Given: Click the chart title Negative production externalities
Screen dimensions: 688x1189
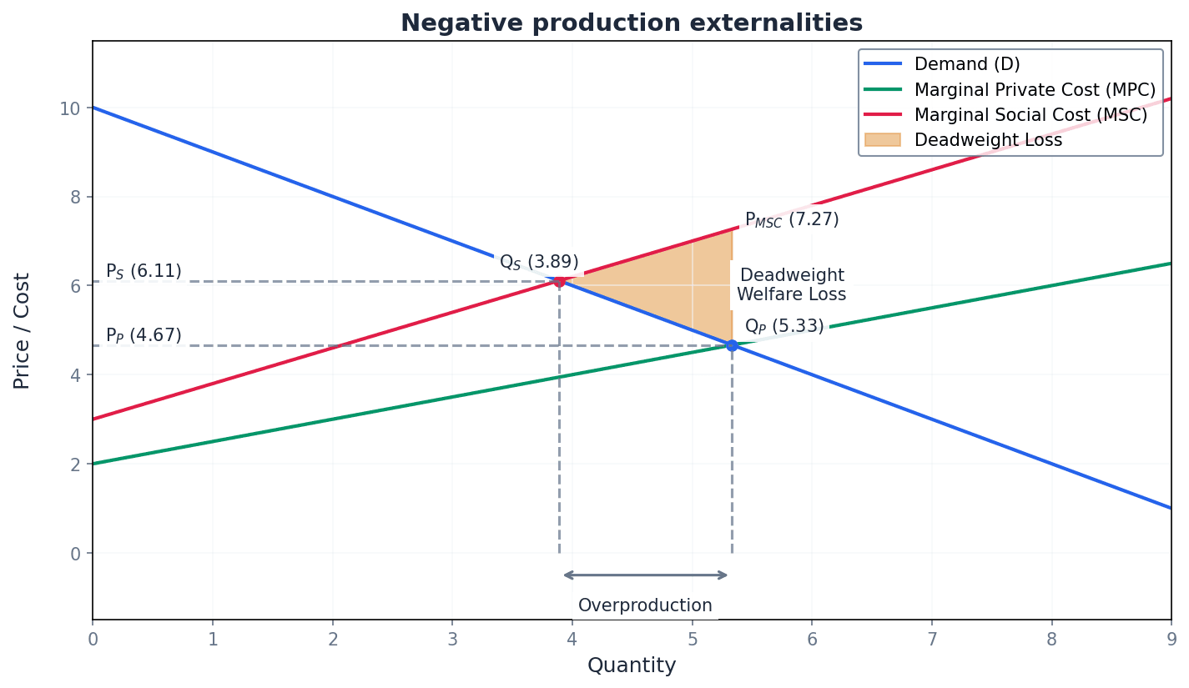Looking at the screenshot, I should [632, 23].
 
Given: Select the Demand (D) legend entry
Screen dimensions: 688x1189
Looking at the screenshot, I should [966, 64].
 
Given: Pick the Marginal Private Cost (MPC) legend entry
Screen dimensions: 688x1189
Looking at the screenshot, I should [1035, 90].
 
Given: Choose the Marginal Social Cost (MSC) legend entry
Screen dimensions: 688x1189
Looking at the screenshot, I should [1030, 115].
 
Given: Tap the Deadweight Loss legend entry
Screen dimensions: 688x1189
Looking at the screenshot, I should [988, 140].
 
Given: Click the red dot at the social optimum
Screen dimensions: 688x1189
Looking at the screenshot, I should [559, 281].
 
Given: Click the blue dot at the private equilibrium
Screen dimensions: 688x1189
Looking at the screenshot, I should [732, 345].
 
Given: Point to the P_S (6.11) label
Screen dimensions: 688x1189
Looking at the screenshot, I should [144, 271].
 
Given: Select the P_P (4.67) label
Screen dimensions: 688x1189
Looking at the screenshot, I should [144, 335].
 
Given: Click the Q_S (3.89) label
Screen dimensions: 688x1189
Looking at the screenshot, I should [539, 262].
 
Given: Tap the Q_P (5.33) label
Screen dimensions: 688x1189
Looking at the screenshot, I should [784, 326].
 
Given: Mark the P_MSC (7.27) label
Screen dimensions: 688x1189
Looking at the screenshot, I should [792, 219].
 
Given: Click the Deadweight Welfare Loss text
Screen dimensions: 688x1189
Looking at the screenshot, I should [792, 284].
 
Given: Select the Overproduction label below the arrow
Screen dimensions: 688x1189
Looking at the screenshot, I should [645, 605].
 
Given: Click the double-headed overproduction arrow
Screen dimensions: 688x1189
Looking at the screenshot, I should [645, 575].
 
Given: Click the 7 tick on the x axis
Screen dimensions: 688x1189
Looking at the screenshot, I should [931, 638].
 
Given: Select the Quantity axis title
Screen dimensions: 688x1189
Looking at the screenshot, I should [632, 665].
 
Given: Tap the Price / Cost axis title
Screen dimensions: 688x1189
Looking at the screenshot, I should [23, 330].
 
